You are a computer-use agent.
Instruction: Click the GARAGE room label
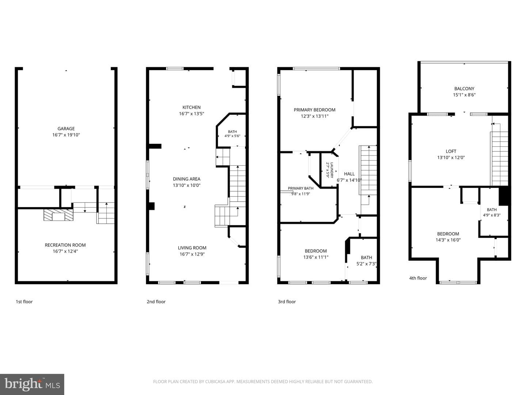66,128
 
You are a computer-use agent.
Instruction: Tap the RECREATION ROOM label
65,245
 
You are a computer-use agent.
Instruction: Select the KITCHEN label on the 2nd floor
191,107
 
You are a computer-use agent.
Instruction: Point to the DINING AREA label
186,179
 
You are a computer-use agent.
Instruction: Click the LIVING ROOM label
192,248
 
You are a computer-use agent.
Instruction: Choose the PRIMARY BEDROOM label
315,110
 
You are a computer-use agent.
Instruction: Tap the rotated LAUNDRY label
332,170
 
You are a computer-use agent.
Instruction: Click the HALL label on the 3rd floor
349,174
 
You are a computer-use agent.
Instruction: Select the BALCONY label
464,89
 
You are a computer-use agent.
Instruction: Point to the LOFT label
451,151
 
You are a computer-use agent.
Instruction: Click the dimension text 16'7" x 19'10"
66,135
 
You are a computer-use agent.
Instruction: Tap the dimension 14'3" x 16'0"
448,240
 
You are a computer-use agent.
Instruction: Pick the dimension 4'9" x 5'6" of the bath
232,136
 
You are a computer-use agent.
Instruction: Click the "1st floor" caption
24,301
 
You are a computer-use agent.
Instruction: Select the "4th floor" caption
418,278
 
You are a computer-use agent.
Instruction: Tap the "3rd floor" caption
287,301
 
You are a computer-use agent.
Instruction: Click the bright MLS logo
32,384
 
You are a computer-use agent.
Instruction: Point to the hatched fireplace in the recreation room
58,215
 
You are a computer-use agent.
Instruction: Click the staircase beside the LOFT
499,158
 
